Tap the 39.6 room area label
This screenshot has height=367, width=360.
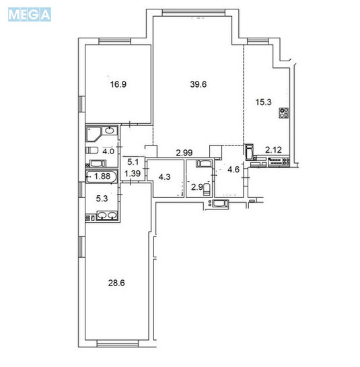pos(196,84)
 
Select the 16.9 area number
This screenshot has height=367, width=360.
pos(119,85)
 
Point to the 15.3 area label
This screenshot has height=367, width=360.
pos(264,102)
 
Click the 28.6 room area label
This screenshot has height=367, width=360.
pos(119,283)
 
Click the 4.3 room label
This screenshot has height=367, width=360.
pos(164,178)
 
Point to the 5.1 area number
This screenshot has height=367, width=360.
pos(133,162)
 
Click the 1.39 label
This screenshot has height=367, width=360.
pos(133,174)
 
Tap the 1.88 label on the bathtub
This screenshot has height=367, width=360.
pos(102,177)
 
